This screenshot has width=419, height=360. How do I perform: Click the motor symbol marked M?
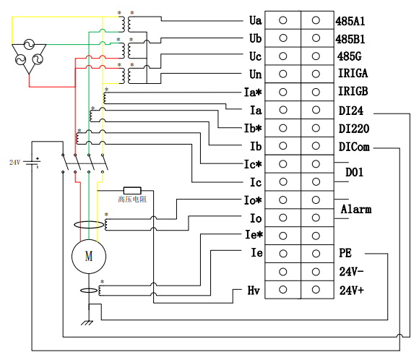pos(89,256)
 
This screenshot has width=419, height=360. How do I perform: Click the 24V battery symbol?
pos(33,162)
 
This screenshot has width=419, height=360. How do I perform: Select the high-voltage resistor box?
pos(132,190)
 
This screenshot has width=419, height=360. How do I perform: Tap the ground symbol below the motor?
pos(87,323)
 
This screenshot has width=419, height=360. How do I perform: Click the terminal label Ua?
pos(255,20)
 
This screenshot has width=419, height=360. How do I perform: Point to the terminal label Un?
pos(255,74)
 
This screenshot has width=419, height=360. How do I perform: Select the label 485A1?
pos(350,21)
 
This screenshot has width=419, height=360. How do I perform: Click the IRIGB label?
pos(353,92)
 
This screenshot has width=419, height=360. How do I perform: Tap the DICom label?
pos(354,147)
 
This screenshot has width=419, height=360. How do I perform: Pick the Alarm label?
pos(356,209)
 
